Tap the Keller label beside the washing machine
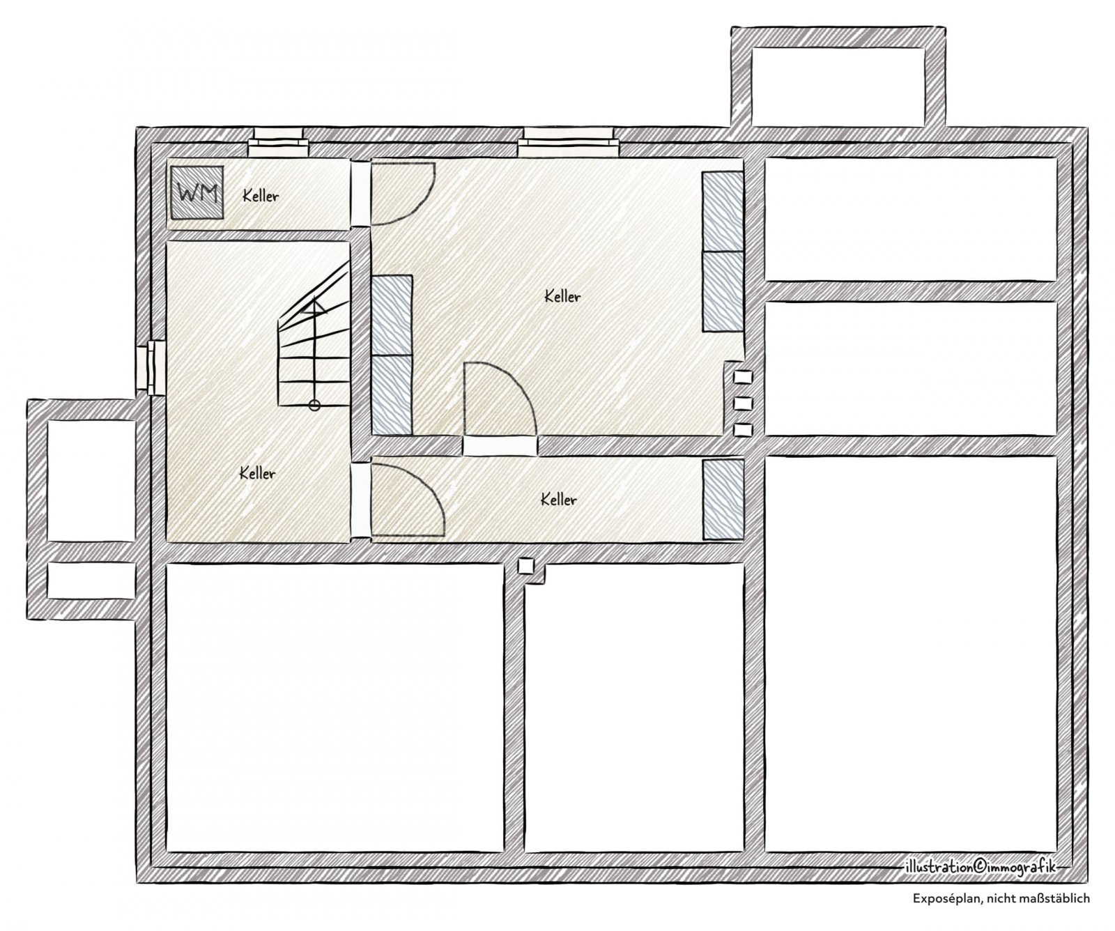pos(261,196)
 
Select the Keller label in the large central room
pos(562,297)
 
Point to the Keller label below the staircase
pos(257,474)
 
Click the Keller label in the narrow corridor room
pos(558,500)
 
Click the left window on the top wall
pos(278,141)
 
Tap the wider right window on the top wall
pos(568,141)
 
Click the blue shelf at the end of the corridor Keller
pos(723,499)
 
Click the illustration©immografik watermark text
pos(980,866)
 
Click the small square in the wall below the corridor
pos(527,567)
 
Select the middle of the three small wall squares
pos(744,403)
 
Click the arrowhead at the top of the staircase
pos(314,304)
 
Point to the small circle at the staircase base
pos(314,404)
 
